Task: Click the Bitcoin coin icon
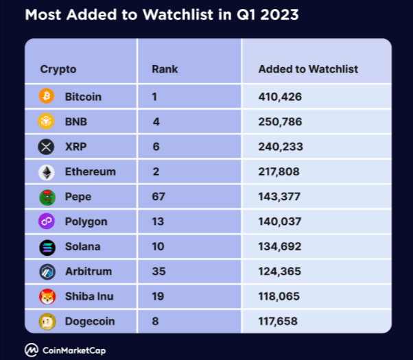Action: [47, 97]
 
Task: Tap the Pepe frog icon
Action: [47, 197]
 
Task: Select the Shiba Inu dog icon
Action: [47, 296]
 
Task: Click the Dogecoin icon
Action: [47, 321]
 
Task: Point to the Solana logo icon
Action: [47, 247]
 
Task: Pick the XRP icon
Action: [47, 147]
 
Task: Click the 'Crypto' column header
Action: [58, 69]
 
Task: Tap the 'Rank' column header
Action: [165, 69]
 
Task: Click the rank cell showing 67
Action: [158, 197]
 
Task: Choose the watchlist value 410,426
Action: [280, 97]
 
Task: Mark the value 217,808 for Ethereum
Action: [280, 171]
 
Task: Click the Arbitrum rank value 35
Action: [158, 272]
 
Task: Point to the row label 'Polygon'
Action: [86, 221]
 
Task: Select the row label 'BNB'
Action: [75, 121]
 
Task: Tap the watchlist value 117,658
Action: [280, 321]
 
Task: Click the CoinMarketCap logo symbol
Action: [32, 348]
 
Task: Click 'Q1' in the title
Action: [245, 14]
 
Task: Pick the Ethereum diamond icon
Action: [47, 171]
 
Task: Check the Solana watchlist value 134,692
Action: [280, 247]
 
